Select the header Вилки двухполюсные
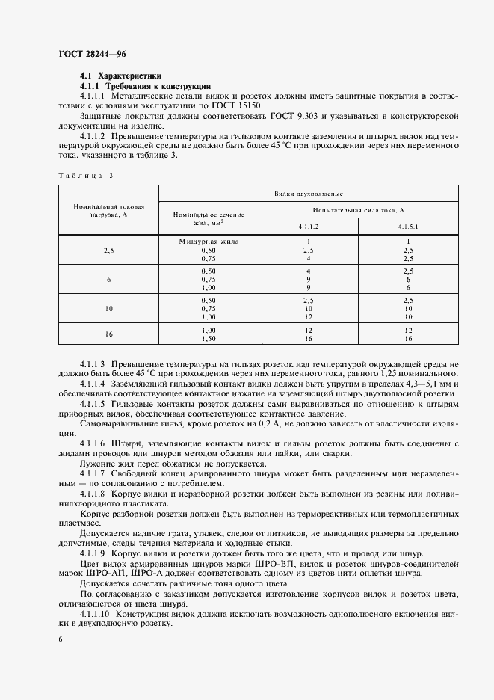[308, 193]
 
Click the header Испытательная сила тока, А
[359, 211]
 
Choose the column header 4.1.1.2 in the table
[309, 226]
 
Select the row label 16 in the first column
[109, 334]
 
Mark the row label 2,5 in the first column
[109, 250]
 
